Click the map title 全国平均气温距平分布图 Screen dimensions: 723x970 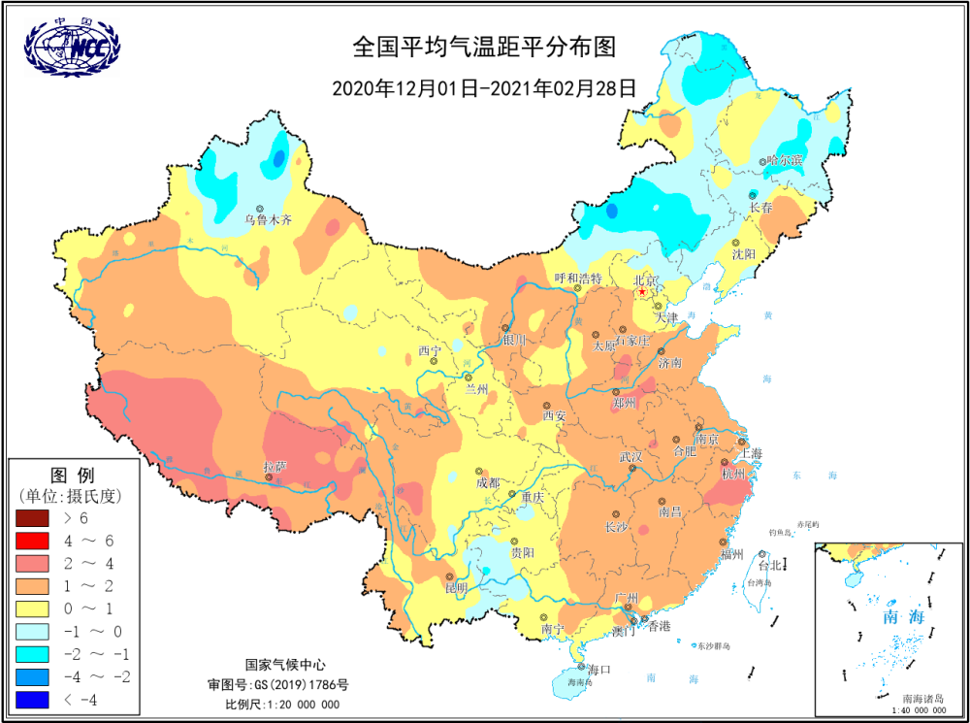click(x=484, y=48)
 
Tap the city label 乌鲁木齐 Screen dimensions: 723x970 click(x=268, y=220)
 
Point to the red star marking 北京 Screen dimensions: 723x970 click(x=640, y=291)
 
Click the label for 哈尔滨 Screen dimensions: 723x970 click(x=785, y=160)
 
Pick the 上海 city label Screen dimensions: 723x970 click(x=750, y=453)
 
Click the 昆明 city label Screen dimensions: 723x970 click(x=456, y=588)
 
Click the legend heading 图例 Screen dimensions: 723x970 click(x=72, y=476)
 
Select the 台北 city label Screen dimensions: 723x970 click(x=769, y=565)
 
